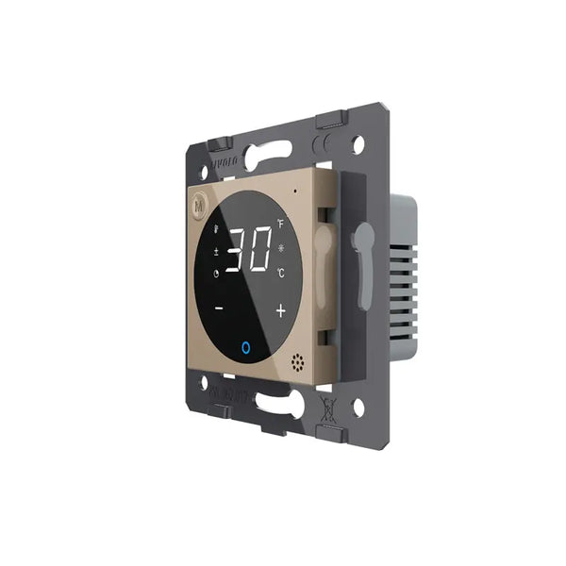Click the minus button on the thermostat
point(219,308)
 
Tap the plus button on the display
point(280,310)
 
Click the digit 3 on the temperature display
point(237,250)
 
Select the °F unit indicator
point(280,224)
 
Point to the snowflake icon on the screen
point(283,249)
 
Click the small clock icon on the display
point(217,275)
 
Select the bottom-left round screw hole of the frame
point(201,382)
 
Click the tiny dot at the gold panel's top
point(294,188)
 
